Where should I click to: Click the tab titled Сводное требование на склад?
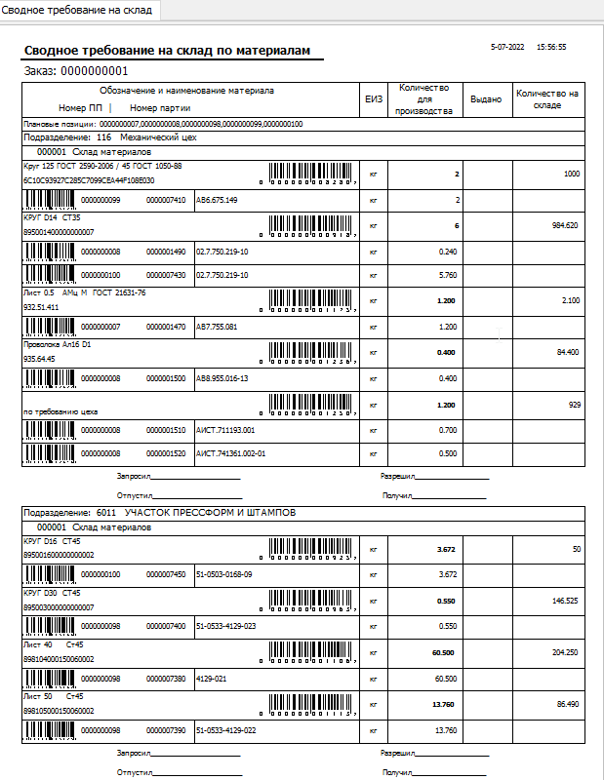pos(77,10)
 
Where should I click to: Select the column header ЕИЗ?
pos(373,98)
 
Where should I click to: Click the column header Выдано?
pos(485,98)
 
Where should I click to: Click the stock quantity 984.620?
pos(564,224)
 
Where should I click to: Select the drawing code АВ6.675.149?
pos(217,200)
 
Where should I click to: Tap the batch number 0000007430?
pos(166,276)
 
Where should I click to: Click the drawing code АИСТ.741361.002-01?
pos(230,453)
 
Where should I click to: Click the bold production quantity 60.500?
pos(444,651)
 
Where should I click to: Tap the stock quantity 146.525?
pos(564,601)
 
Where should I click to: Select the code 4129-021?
pos(212,678)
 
